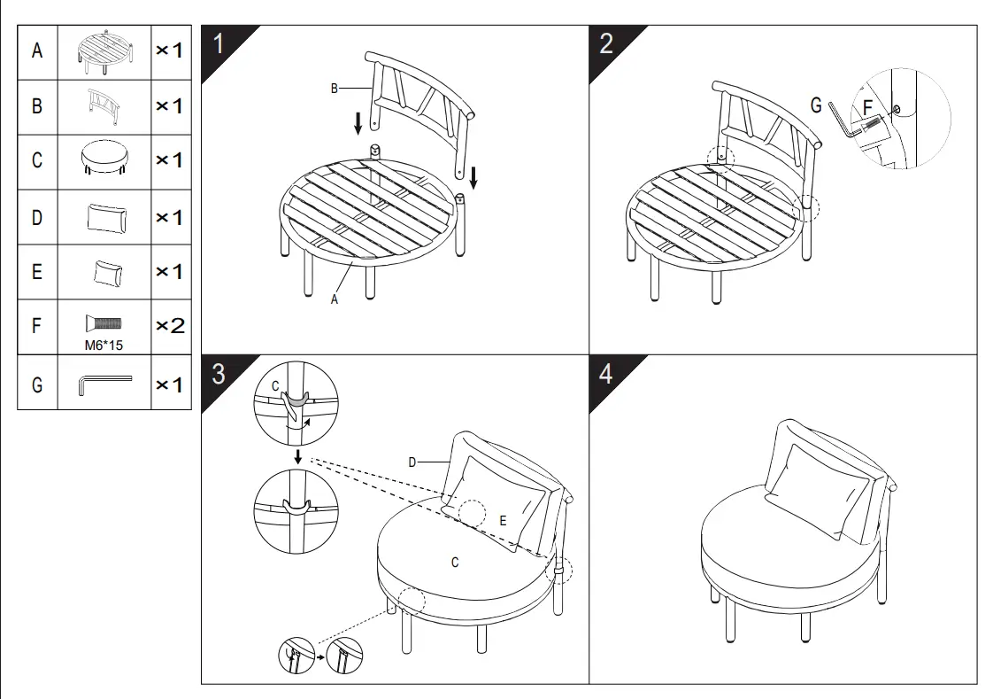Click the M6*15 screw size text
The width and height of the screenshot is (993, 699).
104,346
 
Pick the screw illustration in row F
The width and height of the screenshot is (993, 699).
104,323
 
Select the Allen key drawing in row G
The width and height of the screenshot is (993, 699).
105,384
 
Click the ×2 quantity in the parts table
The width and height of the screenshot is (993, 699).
170,326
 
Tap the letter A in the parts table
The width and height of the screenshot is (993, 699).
37,50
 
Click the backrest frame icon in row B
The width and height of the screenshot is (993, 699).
104,105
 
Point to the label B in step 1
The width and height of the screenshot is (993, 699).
335,89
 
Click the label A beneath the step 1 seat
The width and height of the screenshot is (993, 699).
335,299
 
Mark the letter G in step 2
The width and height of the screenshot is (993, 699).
816,105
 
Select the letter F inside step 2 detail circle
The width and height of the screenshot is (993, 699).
867,108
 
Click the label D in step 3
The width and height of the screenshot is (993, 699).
412,462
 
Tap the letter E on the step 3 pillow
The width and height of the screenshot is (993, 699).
503,521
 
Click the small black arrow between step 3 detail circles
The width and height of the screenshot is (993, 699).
297,457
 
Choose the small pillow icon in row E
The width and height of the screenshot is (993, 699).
108,273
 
